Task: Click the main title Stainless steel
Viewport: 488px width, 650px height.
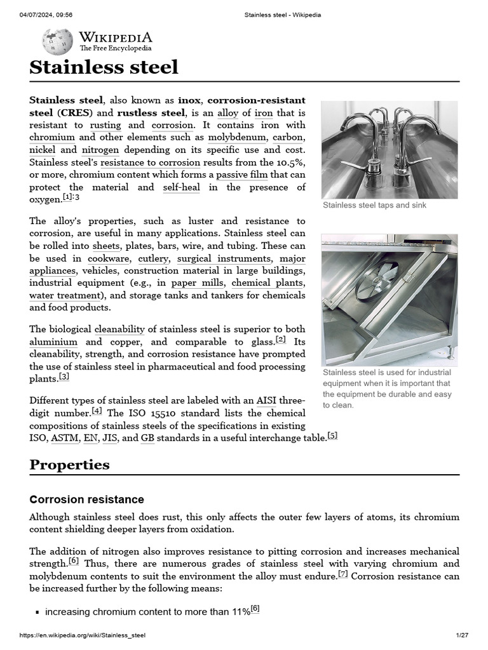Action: pos(104,67)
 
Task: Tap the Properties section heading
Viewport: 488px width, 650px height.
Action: pos(69,465)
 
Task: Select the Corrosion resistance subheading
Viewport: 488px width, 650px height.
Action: pos(86,500)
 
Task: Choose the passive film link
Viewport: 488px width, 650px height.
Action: pos(241,175)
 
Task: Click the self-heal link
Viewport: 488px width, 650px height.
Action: pos(181,187)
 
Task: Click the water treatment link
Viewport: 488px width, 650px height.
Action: pos(64,296)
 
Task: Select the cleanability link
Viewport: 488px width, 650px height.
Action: pos(119,329)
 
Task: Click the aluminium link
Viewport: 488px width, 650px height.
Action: pos(53,342)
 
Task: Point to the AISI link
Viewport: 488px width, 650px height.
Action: pos(266,401)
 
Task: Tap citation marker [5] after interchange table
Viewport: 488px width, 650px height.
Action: pos(332,436)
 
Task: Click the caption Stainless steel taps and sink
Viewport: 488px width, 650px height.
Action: pos(374,205)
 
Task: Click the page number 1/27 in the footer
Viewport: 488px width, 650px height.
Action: pos(461,635)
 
